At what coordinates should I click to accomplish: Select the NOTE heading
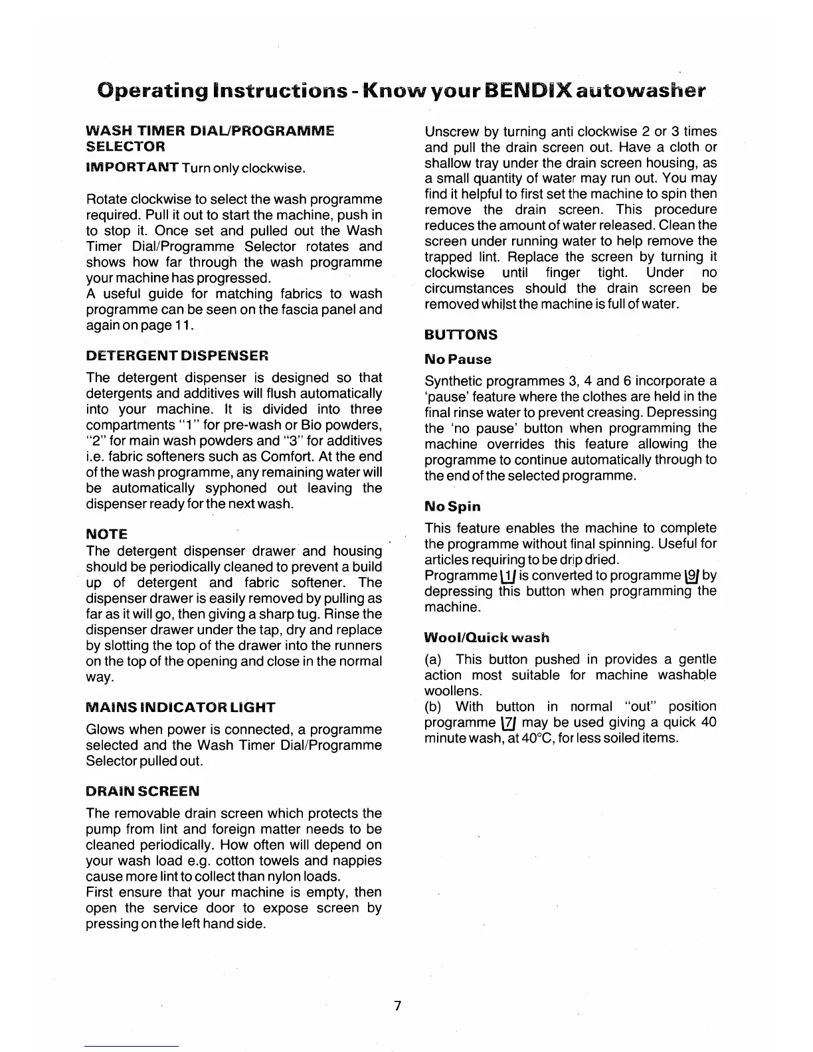(x=106, y=534)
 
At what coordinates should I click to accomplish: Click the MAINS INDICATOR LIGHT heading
(x=181, y=707)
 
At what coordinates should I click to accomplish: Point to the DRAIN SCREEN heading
(x=142, y=791)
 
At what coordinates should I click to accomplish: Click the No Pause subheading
(x=458, y=359)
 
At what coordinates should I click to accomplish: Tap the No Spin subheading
(x=452, y=507)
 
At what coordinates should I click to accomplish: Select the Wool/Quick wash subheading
(x=487, y=638)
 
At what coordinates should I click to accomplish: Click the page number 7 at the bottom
(x=397, y=1006)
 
